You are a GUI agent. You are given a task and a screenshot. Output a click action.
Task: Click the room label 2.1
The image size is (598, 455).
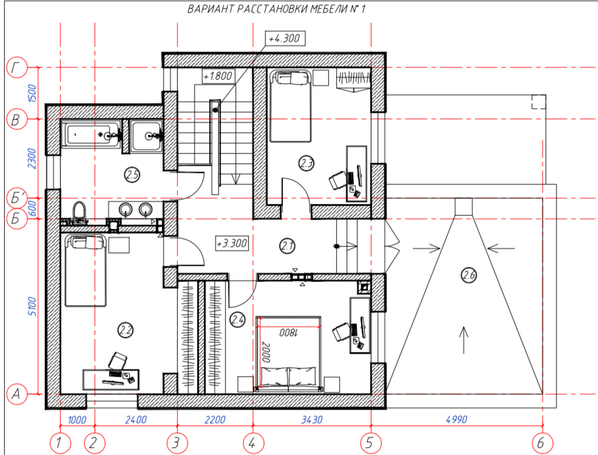[x=287, y=246]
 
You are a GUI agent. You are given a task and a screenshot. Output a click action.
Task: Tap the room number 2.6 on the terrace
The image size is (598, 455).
[x=469, y=275]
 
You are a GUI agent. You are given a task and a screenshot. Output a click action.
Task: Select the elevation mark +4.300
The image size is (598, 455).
[x=285, y=38]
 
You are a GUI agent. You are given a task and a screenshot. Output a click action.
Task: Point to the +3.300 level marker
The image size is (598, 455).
[x=232, y=243]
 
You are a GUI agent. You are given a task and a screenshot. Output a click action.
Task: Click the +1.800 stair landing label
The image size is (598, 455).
[x=218, y=76]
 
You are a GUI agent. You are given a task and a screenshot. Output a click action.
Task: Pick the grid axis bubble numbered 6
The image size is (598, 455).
[x=542, y=443]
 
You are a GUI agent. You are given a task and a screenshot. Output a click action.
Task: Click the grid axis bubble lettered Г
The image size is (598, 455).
[x=17, y=68]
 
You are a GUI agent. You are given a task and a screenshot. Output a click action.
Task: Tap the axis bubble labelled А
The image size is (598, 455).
[x=17, y=394]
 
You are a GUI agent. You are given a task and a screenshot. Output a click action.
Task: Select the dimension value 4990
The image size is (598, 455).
[x=457, y=420]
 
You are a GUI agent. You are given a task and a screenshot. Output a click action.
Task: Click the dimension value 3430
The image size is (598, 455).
[x=312, y=420]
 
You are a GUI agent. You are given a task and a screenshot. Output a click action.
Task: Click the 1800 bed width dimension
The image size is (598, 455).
[x=288, y=332]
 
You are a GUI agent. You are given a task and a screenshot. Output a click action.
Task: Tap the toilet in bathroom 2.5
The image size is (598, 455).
[x=79, y=212]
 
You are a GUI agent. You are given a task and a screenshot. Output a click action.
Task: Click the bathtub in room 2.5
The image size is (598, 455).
[x=91, y=135]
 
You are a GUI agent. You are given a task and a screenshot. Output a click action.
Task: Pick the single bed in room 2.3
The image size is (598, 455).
[x=291, y=106]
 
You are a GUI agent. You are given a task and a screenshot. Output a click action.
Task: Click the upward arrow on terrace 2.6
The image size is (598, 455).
[x=463, y=340]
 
